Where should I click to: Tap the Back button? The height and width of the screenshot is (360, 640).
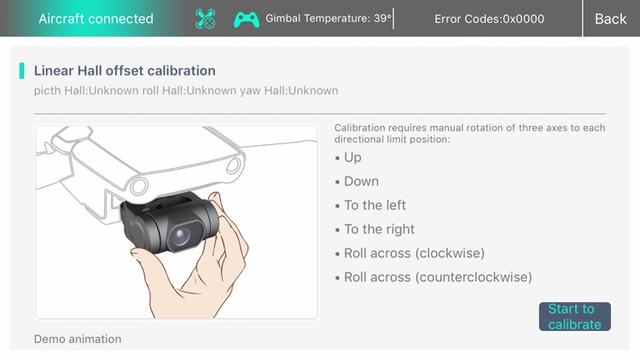[x=610, y=19]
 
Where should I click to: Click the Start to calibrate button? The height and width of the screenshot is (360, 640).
[x=574, y=316]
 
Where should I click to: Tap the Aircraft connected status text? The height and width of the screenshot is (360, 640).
[x=96, y=19]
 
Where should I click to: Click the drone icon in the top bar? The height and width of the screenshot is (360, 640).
[x=205, y=19]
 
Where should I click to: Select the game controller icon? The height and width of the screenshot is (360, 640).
[x=247, y=20]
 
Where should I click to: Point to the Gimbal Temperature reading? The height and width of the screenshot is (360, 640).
[x=329, y=19]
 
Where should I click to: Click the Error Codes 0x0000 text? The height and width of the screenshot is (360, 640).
[x=489, y=19]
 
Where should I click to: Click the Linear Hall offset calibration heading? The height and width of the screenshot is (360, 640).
[x=125, y=71]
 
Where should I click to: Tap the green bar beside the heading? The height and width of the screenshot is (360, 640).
[x=21, y=71]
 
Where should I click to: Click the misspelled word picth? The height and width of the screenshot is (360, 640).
[x=48, y=90]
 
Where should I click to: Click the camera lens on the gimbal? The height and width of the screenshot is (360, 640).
[x=182, y=236]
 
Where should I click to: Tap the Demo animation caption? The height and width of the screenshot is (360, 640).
[x=78, y=339]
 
